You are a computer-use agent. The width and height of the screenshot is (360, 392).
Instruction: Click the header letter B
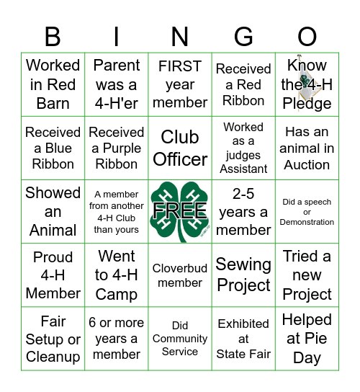tap(53, 37)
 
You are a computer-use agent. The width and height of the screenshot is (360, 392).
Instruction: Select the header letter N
tap(180, 37)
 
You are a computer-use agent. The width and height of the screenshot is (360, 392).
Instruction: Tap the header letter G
tap(243, 37)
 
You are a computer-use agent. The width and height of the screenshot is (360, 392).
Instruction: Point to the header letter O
tap(307, 37)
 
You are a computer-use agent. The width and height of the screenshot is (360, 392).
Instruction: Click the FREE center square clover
tap(180, 212)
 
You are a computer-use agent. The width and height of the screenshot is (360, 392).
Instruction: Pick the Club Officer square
tap(180, 148)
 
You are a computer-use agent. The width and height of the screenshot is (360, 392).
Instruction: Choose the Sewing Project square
tap(243, 275)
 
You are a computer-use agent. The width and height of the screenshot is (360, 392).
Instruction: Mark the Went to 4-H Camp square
tap(117, 275)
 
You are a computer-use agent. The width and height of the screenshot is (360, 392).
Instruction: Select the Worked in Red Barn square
tap(53, 84)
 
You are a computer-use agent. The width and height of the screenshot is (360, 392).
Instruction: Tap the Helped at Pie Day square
tap(307, 339)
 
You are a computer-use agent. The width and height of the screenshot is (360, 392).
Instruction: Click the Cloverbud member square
tap(180, 275)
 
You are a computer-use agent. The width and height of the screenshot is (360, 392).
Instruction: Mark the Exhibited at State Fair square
tap(243, 339)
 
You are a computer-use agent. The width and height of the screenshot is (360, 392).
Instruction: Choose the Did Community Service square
tap(180, 339)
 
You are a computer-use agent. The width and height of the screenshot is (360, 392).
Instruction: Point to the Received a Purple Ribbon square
tap(117, 148)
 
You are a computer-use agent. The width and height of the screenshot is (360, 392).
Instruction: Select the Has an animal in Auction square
tap(307, 148)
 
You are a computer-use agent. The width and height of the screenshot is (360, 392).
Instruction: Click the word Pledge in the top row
tap(307, 104)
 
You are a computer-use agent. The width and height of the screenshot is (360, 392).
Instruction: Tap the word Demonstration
tap(307, 222)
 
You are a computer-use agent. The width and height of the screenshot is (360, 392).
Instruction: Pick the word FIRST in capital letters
tap(180, 66)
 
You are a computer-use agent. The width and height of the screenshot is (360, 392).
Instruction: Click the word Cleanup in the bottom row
tap(53, 357)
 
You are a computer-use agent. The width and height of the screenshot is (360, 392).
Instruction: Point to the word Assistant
tap(243, 169)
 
